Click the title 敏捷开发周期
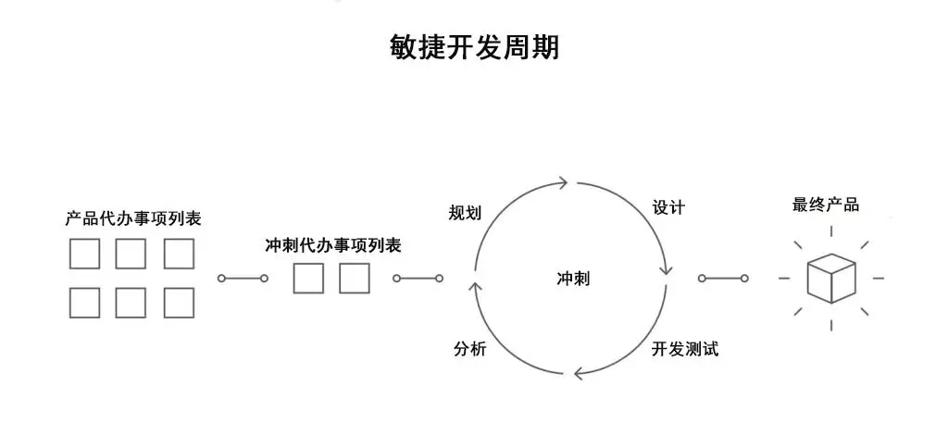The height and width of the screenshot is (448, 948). [474, 47]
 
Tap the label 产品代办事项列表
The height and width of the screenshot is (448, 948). [133, 219]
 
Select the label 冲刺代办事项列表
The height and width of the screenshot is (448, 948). [332, 245]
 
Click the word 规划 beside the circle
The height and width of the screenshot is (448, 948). [465, 214]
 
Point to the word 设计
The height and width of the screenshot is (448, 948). [668, 207]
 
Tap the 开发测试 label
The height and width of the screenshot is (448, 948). [685, 349]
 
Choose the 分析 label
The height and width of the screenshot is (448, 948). [469, 349]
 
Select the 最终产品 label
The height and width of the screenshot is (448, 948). [826, 205]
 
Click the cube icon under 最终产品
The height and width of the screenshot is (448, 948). [830, 278]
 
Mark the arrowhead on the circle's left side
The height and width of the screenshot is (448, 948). [476, 288]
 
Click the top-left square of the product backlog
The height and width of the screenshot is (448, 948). [84, 254]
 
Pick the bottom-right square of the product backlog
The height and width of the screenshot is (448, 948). [179, 303]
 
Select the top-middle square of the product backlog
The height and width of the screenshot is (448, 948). [131, 254]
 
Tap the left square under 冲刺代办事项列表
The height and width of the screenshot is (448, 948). [308, 278]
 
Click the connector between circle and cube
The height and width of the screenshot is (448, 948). [724, 278]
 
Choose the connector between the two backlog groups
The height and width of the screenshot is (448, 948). [243, 278]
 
